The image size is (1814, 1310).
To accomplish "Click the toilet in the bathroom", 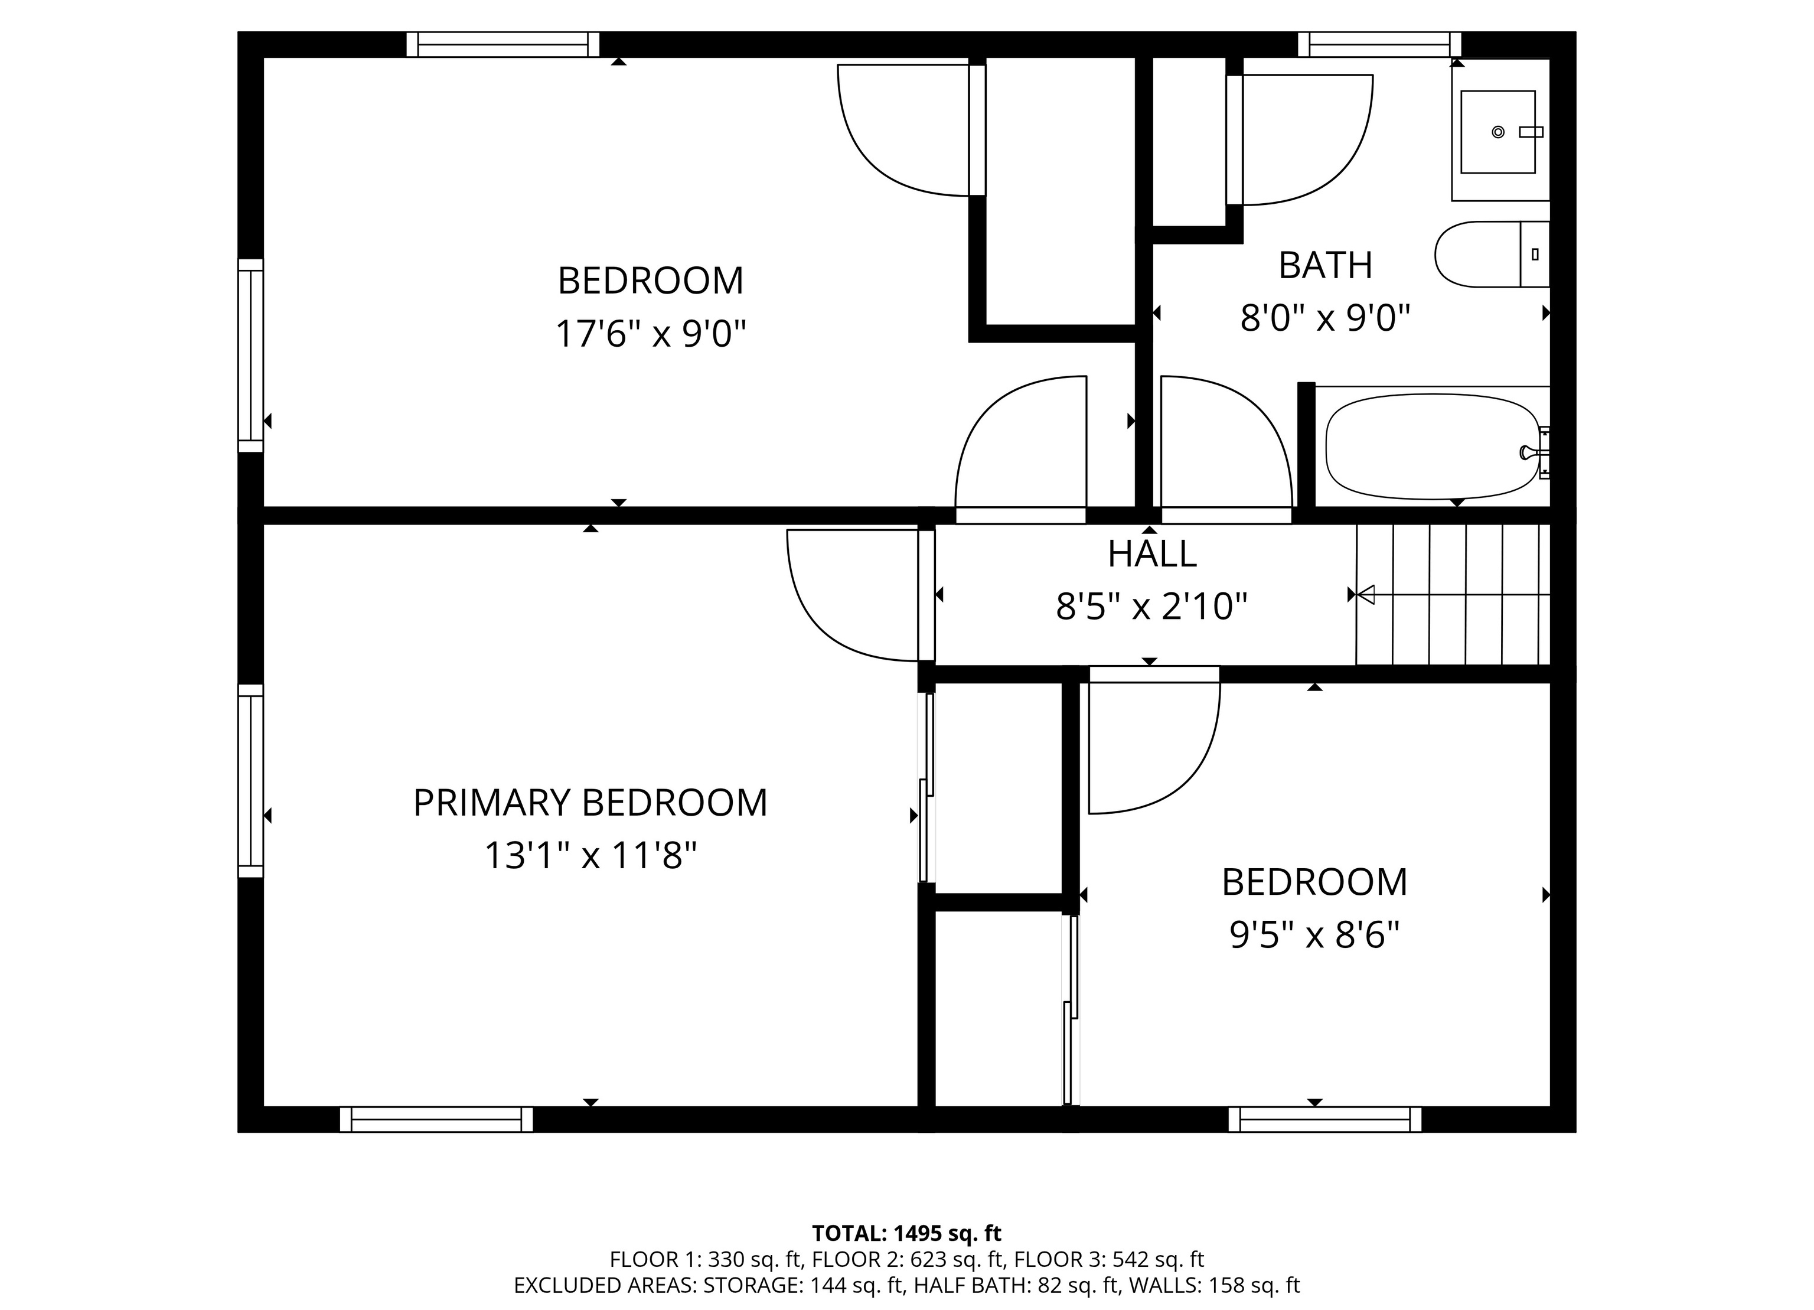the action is coord(1492,255).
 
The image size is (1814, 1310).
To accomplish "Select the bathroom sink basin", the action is coord(1498,132).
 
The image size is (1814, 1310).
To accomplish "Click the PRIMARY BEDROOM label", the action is coord(590,803).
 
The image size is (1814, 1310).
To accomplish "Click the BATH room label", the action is coord(1325,266).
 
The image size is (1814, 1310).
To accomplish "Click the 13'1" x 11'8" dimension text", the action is coord(590,856).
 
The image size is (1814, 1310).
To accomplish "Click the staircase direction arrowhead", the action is coord(1366,595).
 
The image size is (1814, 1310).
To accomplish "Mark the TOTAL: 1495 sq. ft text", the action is coord(907,1233).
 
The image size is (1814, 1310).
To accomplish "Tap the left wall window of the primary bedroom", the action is coord(250,781).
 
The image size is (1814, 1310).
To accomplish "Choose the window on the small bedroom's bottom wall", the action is coord(1325,1120).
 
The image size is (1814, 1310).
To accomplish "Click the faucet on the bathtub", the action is coord(1527,452).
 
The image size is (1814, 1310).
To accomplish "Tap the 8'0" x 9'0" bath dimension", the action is coord(1324,318).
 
